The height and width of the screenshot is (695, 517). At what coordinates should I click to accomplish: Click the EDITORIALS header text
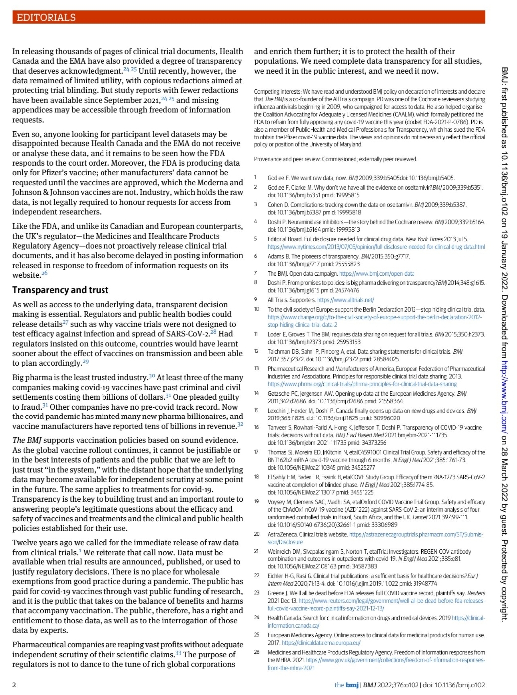tap(46, 17)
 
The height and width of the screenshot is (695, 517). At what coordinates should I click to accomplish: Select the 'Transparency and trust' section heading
tap(60, 290)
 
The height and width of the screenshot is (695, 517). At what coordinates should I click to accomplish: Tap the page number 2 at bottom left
tap(14, 685)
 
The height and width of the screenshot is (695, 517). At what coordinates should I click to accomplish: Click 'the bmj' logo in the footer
tap(346, 685)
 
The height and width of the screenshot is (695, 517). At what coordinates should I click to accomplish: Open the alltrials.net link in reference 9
tap(345, 300)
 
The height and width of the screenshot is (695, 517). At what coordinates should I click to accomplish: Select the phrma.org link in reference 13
tap(362, 384)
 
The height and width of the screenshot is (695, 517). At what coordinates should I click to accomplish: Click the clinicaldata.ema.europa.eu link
tap(321, 643)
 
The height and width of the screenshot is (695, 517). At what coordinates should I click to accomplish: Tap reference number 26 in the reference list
tap(257, 652)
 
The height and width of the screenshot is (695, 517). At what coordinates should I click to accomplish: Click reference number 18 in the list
tap(257, 477)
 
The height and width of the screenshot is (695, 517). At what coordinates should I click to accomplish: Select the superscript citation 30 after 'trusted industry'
tap(152, 376)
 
